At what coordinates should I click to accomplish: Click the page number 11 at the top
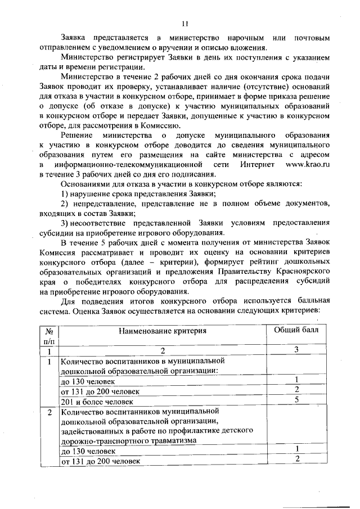click(185, 23)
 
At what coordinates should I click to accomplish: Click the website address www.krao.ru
click(305, 164)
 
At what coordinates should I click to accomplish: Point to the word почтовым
click(310, 38)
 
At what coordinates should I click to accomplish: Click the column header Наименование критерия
click(162, 331)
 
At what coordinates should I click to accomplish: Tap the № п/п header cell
click(49, 336)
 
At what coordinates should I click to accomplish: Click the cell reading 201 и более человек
click(97, 402)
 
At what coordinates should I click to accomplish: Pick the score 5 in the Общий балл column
click(296, 400)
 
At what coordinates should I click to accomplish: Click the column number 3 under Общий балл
click(296, 350)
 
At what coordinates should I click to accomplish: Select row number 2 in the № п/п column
click(49, 412)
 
